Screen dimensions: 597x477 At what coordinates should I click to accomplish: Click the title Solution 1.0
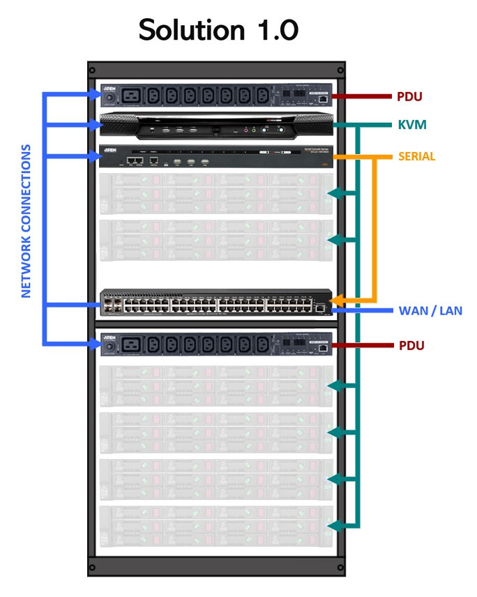(218, 31)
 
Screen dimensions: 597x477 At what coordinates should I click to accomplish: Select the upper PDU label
(409, 96)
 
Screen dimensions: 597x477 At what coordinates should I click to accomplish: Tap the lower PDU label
(409, 345)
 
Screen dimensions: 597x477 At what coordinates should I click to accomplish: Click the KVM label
(412, 125)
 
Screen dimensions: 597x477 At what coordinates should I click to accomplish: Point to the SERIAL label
(416, 157)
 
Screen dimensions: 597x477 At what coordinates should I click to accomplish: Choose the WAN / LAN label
(430, 310)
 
